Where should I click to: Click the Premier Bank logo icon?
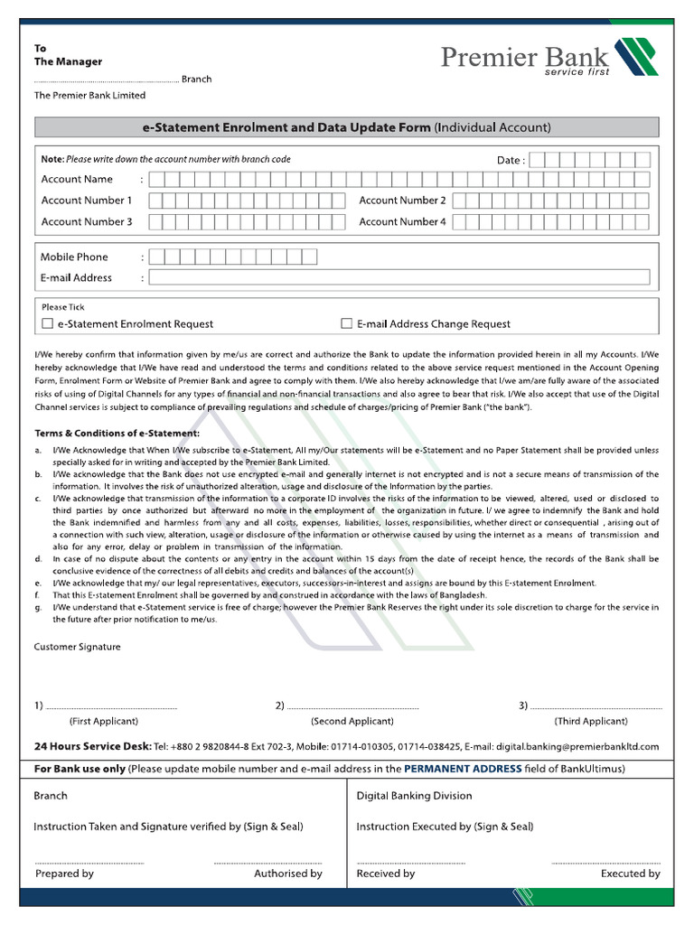pyautogui.click(x=636, y=57)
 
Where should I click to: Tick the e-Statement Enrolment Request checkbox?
pyautogui.click(x=48, y=323)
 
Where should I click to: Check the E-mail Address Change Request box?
pyautogui.click(x=346, y=323)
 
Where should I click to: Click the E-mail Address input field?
pyautogui.click(x=399, y=277)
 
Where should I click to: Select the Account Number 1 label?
pyautogui.click(x=87, y=200)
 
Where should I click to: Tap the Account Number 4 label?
pyautogui.click(x=402, y=221)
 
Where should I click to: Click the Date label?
pyautogui.click(x=510, y=160)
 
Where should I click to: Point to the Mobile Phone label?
pyautogui.click(x=74, y=257)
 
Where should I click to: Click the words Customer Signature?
pyautogui.click(x=77, y=647)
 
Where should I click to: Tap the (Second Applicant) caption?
pyautogui.click(x=352, y=721)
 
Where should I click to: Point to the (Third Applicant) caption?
pyautogui.click(x=591, y=721)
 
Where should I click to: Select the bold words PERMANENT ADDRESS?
pyautogui.click(x=463, y=769)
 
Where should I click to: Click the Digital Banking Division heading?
pyautogui.click(x=414, y=796)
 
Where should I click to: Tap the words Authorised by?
pyautogui.click(x=288, y=874)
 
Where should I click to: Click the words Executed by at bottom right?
pyautogui.click(x=630, y=874)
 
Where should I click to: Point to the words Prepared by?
pyautogui.click(x=64, y=874)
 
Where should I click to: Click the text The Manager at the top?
pyautogui.click(x=68, y=61)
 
